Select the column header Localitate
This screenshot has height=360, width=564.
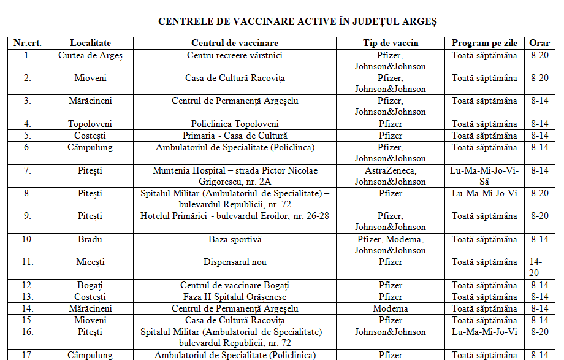pyautogui.click(x=90, y=43)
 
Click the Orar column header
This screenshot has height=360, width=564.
pyautogui.click(x=539, y=43)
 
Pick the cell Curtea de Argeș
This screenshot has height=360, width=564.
pyautogui.click(x=90, y=56)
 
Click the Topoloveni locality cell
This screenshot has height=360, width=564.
pyautogui.click(x=90, y=124)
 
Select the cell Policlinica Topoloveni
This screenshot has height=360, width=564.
pyautogui.click(x=235, y=124)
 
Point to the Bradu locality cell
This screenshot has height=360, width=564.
pyautogui.click(x=90, y=239)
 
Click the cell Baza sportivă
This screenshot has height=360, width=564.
pyautogui.click(x=235, y=239)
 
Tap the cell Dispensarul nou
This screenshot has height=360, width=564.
pyautogui.click(x=235, y=262)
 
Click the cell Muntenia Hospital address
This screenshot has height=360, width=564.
pyautogui.click(x=235, y=176)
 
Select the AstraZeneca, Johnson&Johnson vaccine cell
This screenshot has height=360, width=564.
pyautogui.click(x=391, y=176)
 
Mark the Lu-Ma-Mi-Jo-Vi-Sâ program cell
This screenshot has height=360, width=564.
pyautogui.click(x=484, y=176)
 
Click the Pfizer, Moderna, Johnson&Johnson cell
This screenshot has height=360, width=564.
pyautogui.click(x=391, y=245)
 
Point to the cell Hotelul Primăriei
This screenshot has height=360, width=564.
pyautogui.click(x=235, y=216)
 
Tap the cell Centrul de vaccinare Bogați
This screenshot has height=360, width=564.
pyautogui.click(x=235, y=285)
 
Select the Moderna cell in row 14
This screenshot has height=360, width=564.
pyautogui.click(x=391, y=308)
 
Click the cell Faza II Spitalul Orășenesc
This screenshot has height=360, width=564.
pyautogui.click(x=235, y=297)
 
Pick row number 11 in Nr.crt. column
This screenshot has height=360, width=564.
pyautogui.click(x=28, y=262)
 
